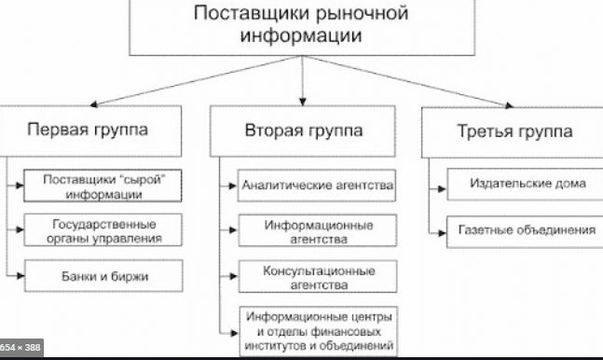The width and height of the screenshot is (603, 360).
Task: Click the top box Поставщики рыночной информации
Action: (303, 27)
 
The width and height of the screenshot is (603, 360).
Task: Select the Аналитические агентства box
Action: (318, 187)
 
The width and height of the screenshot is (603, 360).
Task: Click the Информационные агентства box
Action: (318, 231)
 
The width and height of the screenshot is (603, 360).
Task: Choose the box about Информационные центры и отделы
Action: (318, 331)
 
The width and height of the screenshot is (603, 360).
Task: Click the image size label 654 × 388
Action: (21, 348)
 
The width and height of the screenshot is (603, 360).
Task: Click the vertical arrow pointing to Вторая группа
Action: (303, 78)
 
